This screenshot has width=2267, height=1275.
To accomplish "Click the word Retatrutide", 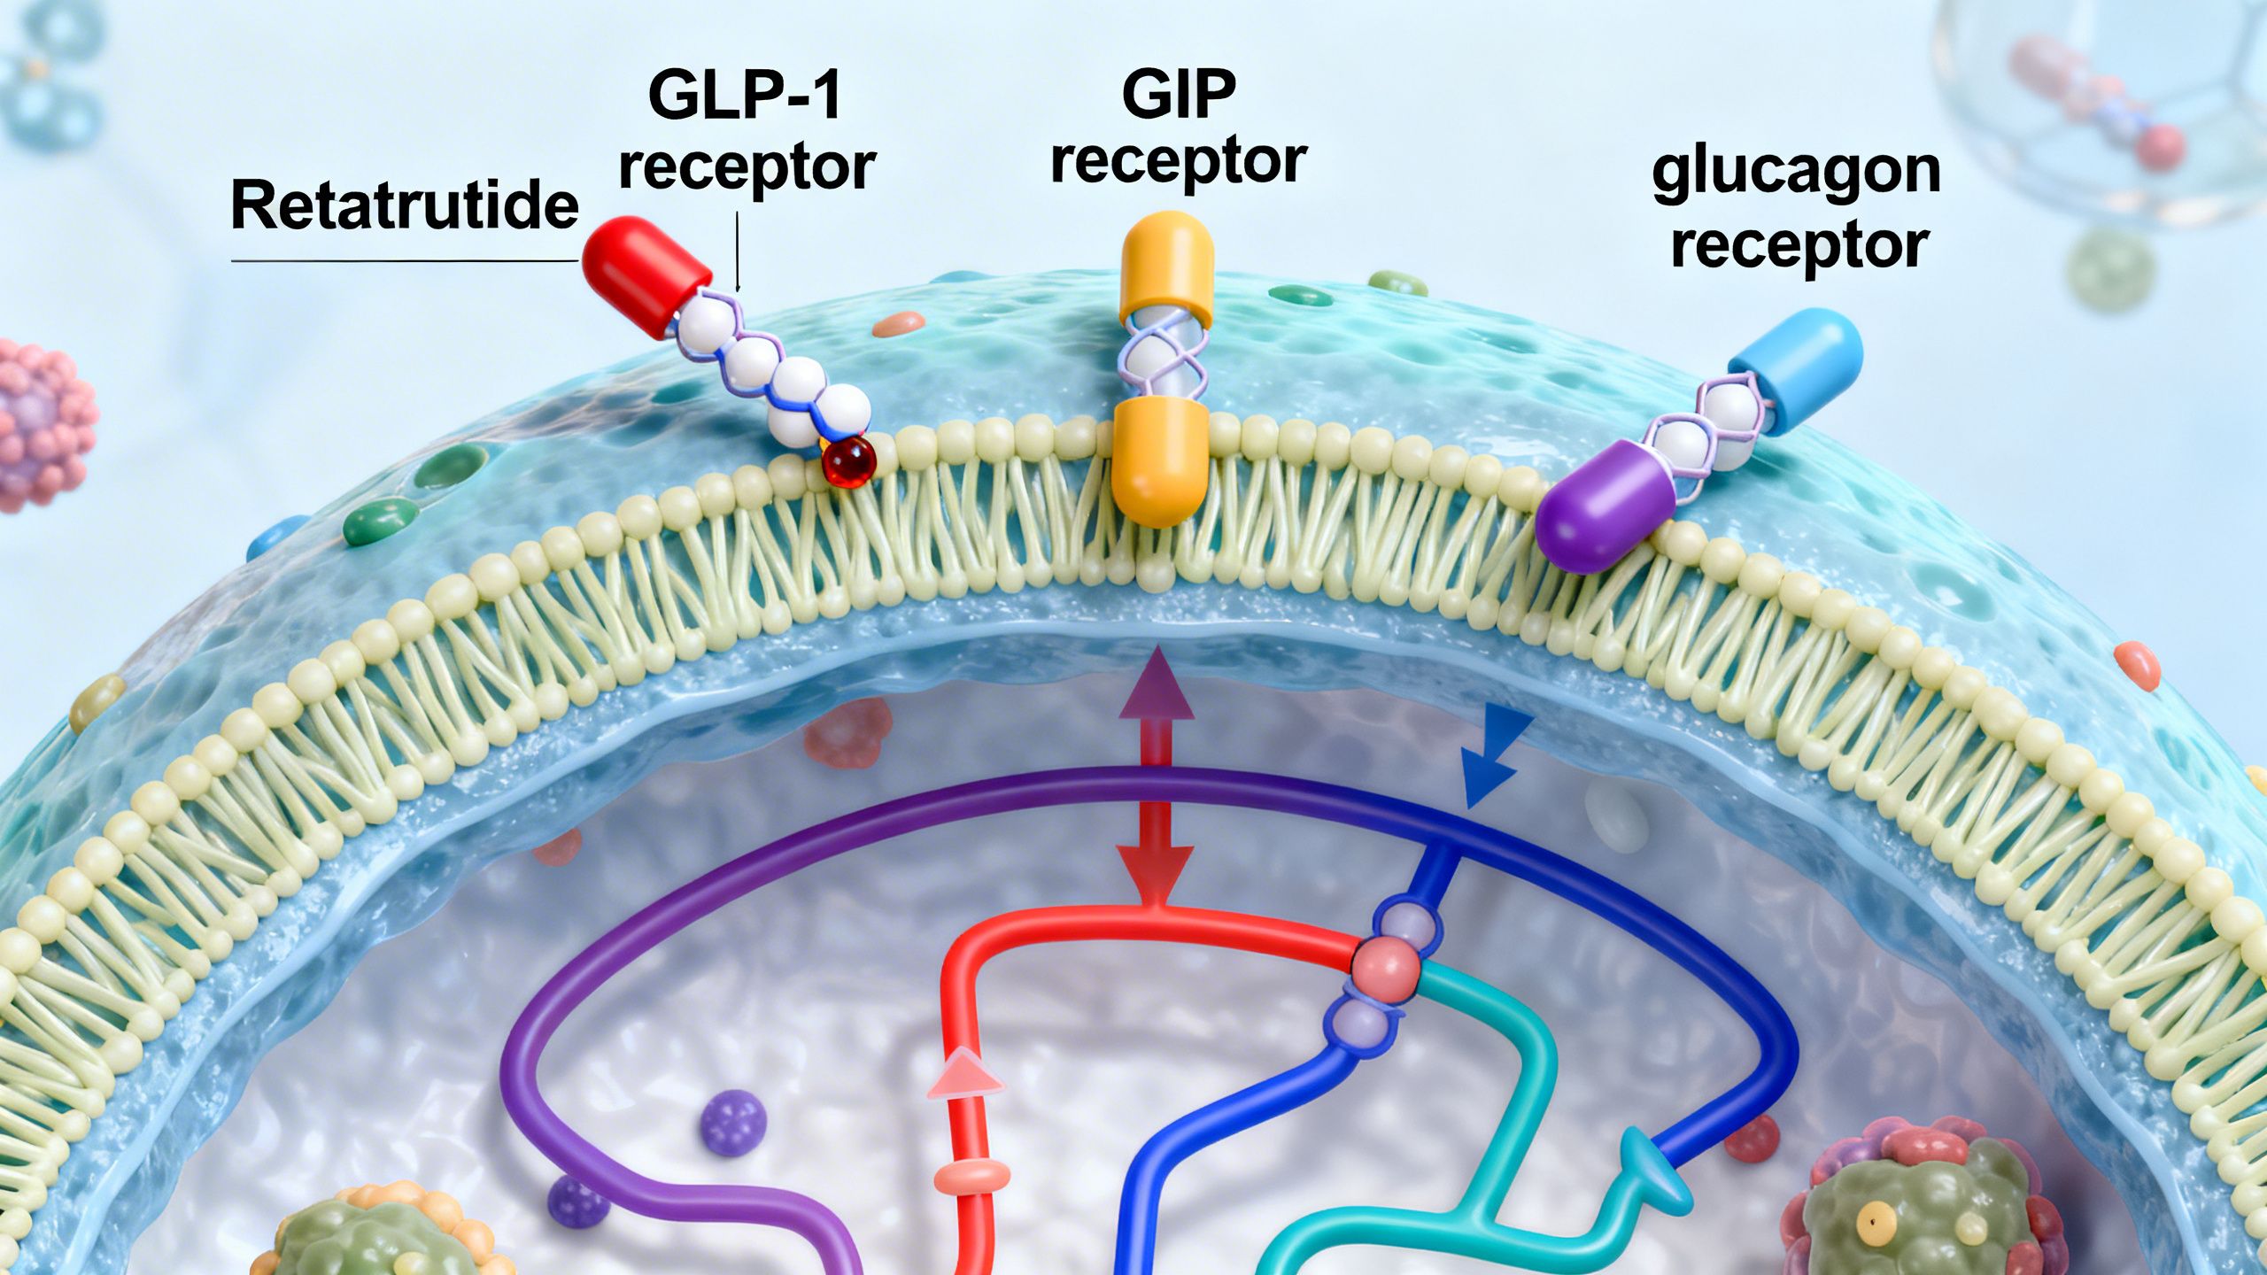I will pyautogui.click(x=405, y=205).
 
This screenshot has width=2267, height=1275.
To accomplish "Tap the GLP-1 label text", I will pyautogui.click(x=745, y=96).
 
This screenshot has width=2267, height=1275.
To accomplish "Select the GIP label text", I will pyautogui.click(x=1178, y=95).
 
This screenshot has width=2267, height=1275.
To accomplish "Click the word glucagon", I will pyautogui.click(x=1796, y=173).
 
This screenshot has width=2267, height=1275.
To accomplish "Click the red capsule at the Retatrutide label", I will pyautogui.click(x=646, y=275).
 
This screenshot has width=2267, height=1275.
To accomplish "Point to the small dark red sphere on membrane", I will pyautogui.click(x=848, y=462).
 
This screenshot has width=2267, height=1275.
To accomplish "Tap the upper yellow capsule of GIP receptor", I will pyautogui.click(x=1166, y=266).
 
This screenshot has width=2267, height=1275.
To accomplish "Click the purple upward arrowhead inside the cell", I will pyautogui.click(x=1153, y=683).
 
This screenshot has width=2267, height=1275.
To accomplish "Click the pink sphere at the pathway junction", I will pyautogui.click(x=1385, y=970).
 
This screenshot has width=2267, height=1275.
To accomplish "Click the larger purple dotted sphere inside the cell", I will pyautogui.click(x=733, y=1122).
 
